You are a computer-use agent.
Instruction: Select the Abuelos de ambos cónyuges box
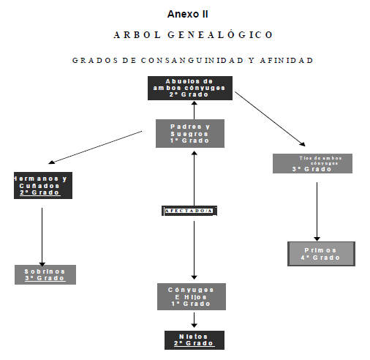[189, 88]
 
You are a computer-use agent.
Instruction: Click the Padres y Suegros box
[189, 133]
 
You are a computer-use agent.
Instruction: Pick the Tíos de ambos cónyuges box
[312, 163]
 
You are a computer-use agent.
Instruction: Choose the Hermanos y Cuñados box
[41, 185]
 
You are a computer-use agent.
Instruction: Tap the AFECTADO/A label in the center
[189, 211]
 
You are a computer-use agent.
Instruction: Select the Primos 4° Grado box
[321, 253]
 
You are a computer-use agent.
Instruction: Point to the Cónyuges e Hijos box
[191, 296]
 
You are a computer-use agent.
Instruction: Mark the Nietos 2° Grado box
[193, 340]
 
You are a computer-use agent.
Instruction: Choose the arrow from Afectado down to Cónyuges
[193, 249]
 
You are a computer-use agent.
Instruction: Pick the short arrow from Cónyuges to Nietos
[194, 320]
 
